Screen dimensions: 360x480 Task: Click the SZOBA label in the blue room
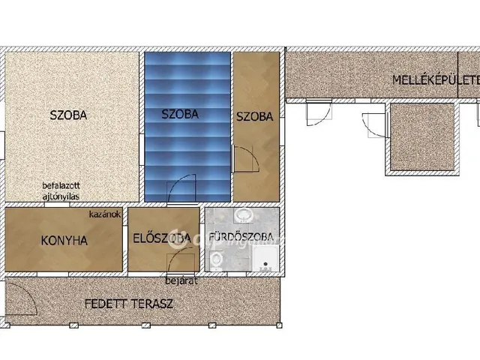[x=180, y=115]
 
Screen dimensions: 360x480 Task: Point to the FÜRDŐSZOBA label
[x=240, y=240]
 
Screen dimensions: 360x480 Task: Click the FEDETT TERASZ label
[x=129, y=304]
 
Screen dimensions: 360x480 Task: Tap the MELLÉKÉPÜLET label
[x=436, y=79]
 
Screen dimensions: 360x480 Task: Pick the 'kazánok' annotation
[x=104, y=214]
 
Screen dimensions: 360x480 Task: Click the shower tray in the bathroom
[x=265, y=259]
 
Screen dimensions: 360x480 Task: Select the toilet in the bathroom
[x=217, y=259]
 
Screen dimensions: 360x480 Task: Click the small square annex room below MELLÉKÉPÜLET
[x=421, y=137]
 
